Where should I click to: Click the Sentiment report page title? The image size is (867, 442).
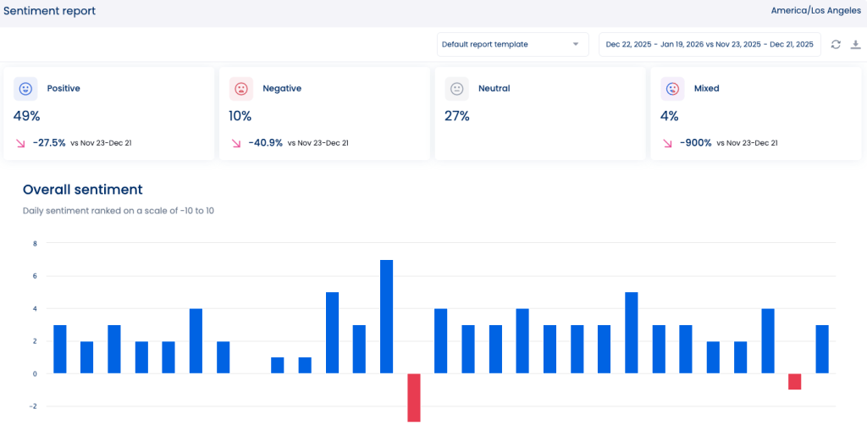tap(49, 11)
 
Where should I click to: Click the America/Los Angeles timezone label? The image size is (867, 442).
tap(815, 10)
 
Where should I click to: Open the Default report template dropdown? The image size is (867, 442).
tap(512, 44)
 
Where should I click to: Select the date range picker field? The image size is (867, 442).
tap(710, 44)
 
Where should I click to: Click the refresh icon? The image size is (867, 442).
tap(836, 44)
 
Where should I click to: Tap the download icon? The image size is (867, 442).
tap(855, 44)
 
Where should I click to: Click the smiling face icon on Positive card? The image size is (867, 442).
tap(25, 88)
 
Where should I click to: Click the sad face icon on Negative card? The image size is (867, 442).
tap(241, 88)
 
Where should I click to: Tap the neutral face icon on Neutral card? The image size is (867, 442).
tap(457, 88)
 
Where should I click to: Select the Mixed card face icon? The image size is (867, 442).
tap(672, 88)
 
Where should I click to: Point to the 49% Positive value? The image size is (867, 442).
tap(26, 116)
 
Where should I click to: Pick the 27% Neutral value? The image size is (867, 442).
tap(457, 116)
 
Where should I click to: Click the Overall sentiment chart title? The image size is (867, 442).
tap(82, 190)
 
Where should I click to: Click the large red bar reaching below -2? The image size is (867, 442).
tap(413, 397)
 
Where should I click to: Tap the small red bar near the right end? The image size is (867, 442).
tap(794, 381)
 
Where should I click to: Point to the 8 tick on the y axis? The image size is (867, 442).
tap(35, 244)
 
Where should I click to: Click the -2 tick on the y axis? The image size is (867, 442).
tap(34, 406)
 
